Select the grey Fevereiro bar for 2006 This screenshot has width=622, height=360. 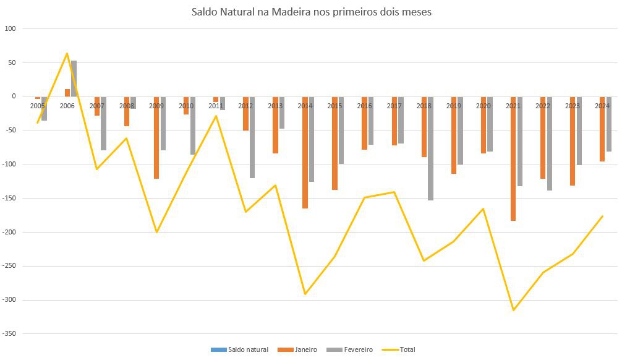[74, 79]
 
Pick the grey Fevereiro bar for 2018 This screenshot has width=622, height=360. [430, 148]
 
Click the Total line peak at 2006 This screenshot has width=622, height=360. [67, 53]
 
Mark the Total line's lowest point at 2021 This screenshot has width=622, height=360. [513, 310]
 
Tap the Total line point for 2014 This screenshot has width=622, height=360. [305, 294]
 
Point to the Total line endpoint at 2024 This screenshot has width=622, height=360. [602, 216]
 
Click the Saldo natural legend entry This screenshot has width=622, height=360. [241, 349]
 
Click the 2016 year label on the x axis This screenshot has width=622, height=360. [365, 106]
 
